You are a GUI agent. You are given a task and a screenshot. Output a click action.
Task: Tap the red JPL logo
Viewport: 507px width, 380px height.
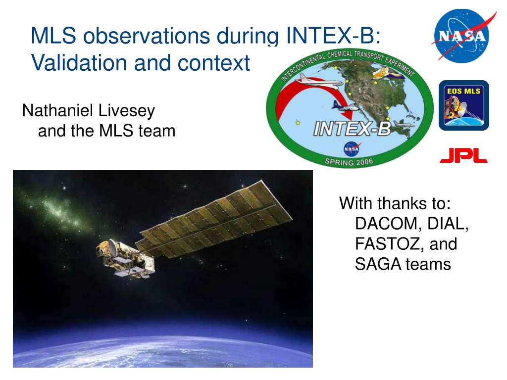[463, 155]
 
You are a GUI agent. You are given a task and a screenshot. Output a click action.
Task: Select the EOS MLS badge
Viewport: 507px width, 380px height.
[463, 105]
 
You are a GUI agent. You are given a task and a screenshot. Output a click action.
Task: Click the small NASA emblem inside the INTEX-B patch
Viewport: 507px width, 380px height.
[352, 149]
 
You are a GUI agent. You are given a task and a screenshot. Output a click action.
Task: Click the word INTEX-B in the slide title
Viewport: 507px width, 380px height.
[333, 35]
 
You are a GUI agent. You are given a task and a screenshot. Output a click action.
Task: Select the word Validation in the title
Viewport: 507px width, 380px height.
[79, 62]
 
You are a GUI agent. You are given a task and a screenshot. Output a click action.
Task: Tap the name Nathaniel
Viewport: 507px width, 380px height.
[57, 110]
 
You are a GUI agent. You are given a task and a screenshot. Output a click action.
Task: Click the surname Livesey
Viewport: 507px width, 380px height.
[126, 111]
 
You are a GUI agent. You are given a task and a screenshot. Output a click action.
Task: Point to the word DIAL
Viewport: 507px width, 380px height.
[448, 224]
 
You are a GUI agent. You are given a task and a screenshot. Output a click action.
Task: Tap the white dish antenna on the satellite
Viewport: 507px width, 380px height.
[113, 247]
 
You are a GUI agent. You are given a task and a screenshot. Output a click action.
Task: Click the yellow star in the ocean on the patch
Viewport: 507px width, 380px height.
[298, 123]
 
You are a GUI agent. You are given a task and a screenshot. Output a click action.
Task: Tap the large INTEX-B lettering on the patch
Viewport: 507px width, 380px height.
[352, 128]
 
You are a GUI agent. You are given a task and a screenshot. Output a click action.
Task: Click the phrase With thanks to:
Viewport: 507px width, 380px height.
[395, 203]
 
